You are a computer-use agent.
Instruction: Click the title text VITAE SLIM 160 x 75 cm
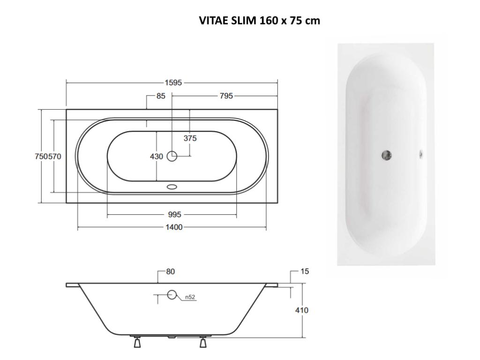260,21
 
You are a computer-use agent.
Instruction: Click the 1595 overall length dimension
172,83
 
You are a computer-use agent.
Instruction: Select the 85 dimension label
161,96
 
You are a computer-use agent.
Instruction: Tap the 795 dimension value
226,96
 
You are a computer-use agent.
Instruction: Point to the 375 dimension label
190,138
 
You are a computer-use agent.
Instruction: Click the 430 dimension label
156,157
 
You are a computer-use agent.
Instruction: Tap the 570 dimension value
54,157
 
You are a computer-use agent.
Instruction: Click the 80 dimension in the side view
170,271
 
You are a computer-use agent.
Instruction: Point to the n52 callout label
189,297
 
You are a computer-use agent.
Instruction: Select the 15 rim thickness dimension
305,271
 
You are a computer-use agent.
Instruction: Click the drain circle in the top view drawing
172,157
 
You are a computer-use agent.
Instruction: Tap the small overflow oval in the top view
172,187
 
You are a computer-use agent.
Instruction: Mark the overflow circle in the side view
172,295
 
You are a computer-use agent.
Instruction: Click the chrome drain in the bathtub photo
387,154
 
